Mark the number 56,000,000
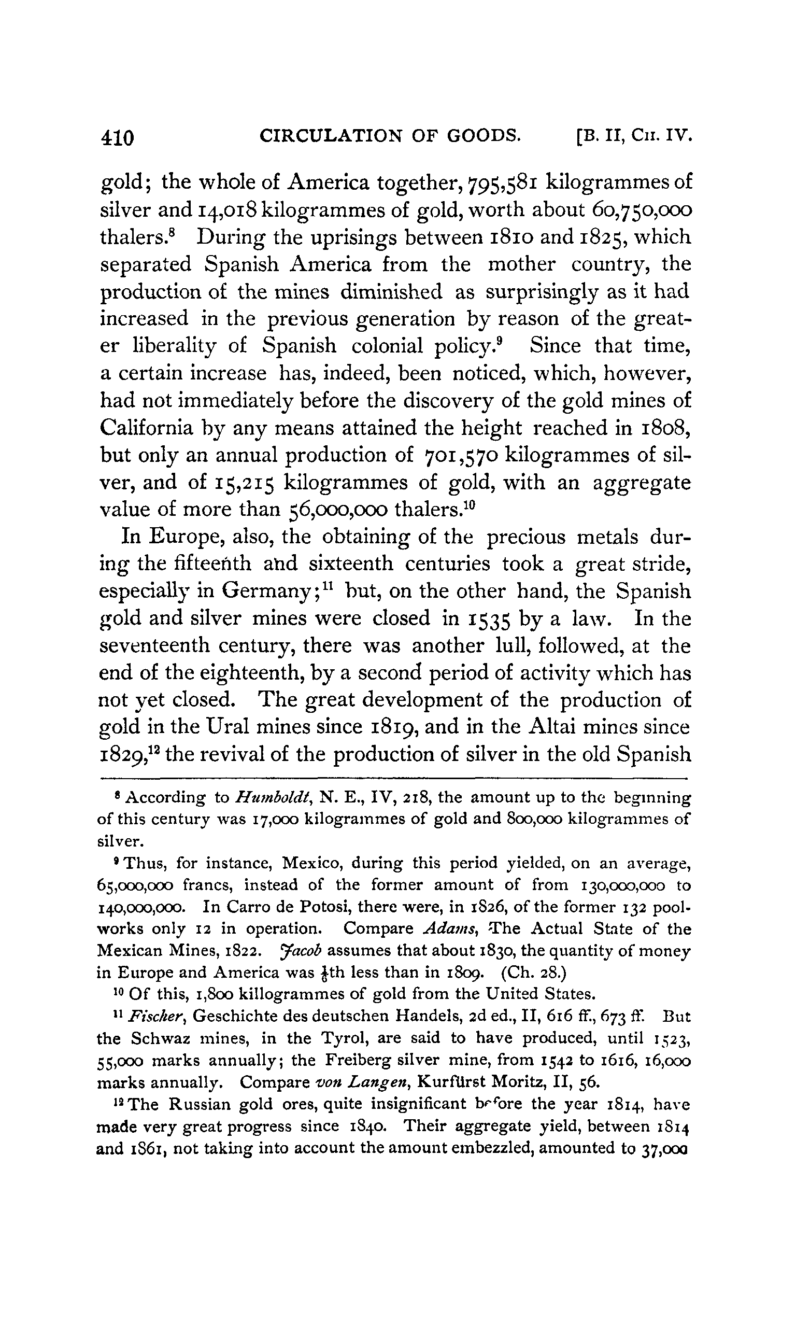(x=335, y=510)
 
